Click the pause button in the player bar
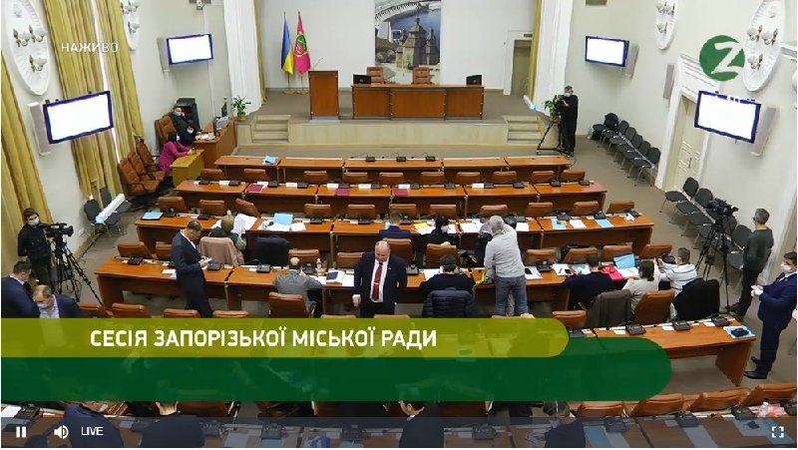point(20,431)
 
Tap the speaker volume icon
point(61,431)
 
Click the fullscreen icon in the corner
point(777,431)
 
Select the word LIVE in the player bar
point(92,431)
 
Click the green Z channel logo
point(721,58)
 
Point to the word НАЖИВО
point(89,47)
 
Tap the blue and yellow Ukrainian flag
point(287,46)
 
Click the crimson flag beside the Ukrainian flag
point(301,46)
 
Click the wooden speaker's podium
point(323,94)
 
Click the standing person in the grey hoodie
point(505,263)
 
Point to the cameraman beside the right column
point(568,118)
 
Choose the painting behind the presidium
point(406,38)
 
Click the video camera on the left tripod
point(59,229)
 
